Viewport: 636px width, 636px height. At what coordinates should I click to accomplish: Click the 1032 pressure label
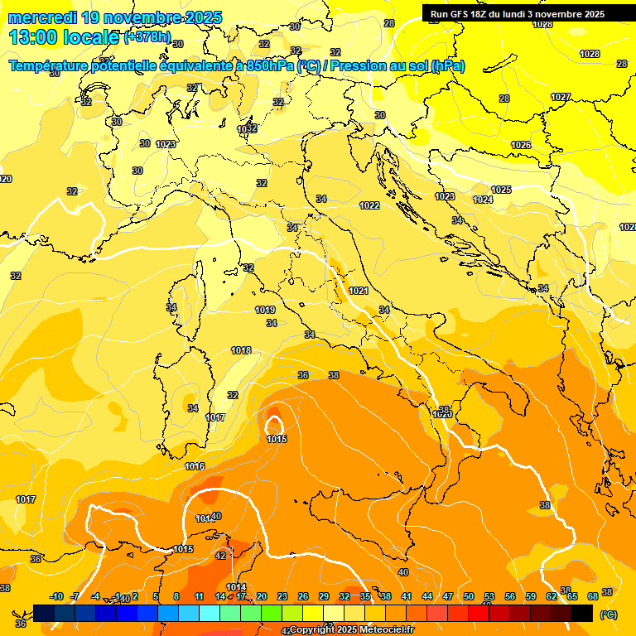click(247, 129)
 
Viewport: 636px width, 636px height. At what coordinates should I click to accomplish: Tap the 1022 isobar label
click(369, 205)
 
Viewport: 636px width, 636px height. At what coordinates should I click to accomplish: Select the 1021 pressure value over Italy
click(359, 291)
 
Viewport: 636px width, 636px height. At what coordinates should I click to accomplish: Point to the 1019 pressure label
click(265, 310)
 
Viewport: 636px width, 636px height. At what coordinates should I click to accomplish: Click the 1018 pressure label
click(241, 351)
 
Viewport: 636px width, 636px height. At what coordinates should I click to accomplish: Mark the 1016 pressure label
click(195, 467)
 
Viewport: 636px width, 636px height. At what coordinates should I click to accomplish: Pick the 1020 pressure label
click(442, 414)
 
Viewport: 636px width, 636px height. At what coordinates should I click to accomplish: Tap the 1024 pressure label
click(483, 200)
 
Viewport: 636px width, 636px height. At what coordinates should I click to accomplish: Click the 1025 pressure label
click(501, 190)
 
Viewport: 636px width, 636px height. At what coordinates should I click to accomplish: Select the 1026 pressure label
click(521, 145)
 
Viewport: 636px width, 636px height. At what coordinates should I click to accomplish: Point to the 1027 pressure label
click(561, 97)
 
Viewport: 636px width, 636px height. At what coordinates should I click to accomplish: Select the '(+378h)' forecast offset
click(147, 37)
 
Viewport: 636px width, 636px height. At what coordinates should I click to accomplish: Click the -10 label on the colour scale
click(56, 596)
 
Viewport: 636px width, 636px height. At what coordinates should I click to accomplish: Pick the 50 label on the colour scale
click(469, 596)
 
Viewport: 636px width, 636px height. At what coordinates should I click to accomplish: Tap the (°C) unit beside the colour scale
click(608, 614)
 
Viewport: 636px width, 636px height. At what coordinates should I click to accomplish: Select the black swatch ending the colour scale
click(582, 613)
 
